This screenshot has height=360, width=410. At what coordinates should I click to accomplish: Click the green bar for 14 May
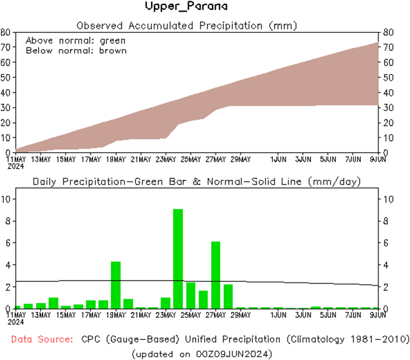54,303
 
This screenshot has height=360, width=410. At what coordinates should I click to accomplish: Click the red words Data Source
42,340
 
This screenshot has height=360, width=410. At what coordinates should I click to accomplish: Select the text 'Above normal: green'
75,41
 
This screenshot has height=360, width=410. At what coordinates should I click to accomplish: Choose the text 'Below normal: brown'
76,51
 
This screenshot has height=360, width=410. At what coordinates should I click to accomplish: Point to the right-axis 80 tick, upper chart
388,32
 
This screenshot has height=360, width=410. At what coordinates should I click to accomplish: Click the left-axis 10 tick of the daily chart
6,199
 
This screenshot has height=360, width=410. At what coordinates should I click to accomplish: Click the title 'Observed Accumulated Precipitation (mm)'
186,26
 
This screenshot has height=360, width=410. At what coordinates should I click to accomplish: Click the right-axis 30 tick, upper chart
388,108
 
